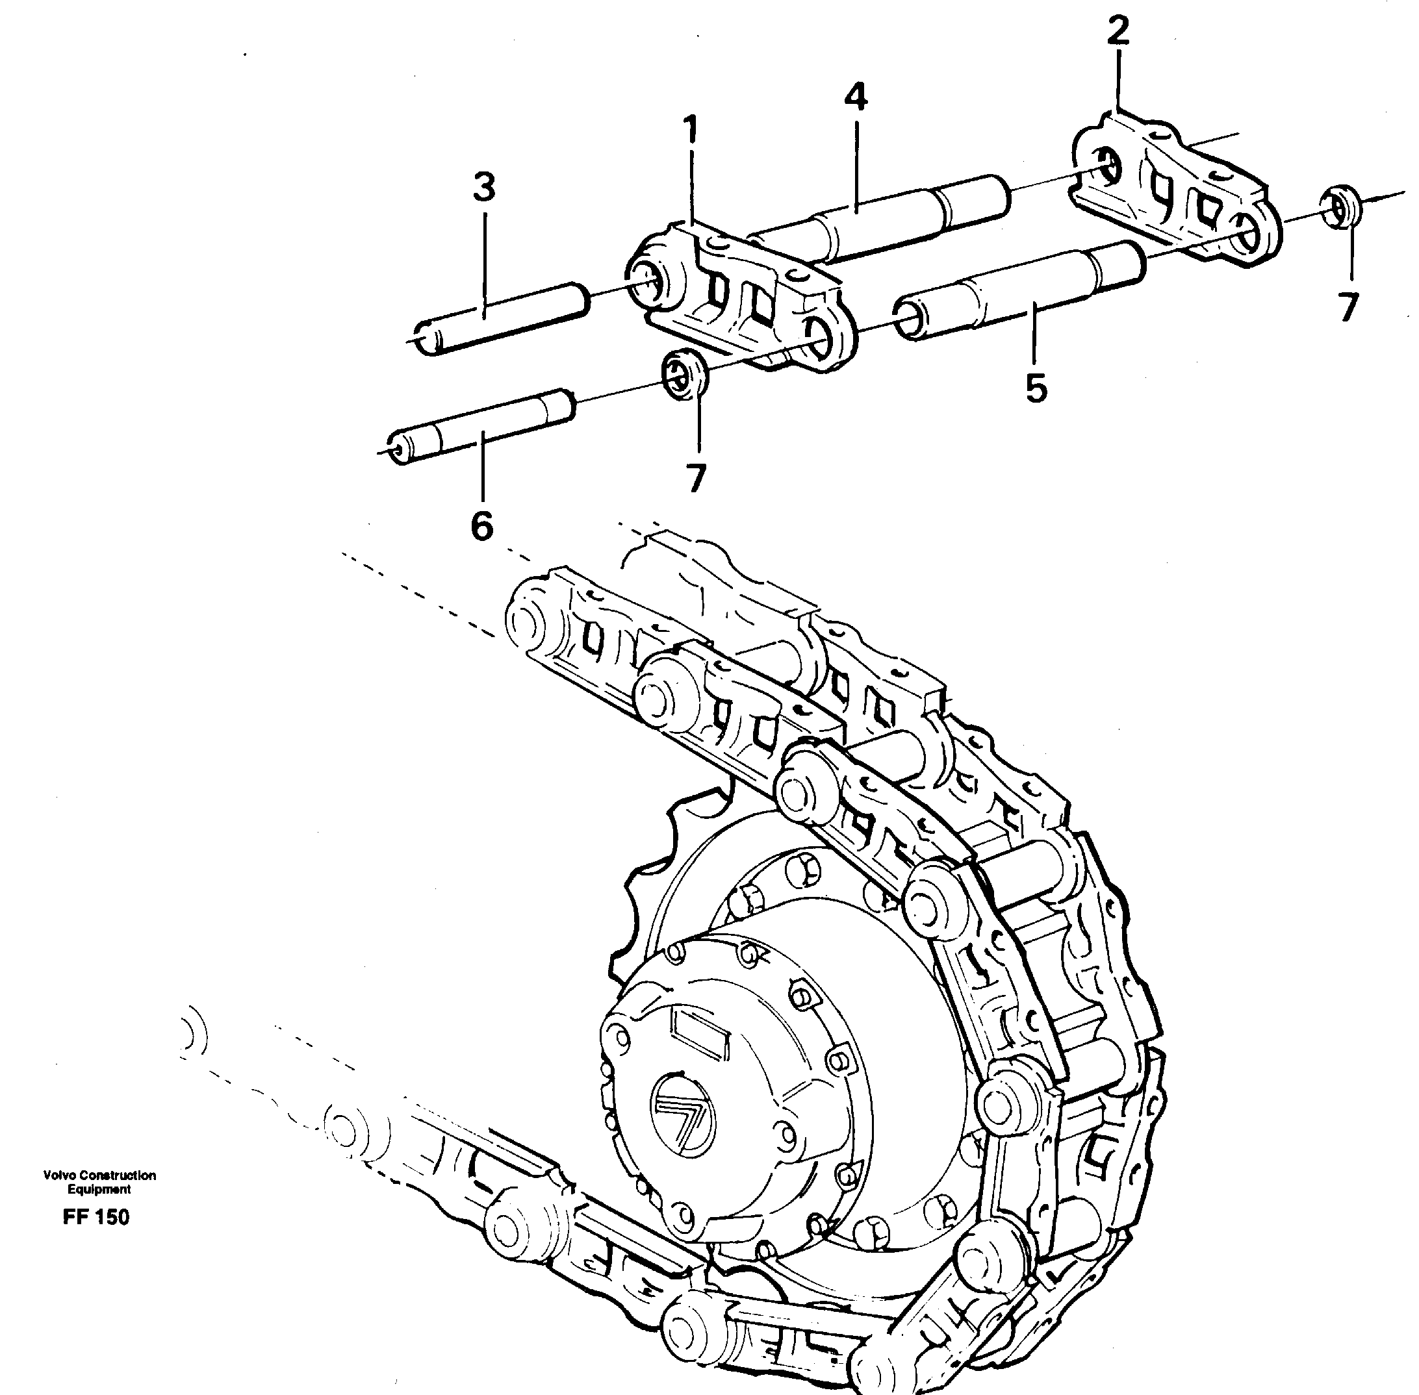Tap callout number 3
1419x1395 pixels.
click(484, 188)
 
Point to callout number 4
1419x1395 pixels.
click(854, 97)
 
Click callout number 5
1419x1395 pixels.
click(1035, 388)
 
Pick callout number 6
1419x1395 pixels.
click(481, 525)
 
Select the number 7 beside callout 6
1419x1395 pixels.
click(694, 479)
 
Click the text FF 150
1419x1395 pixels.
click(96, 1217)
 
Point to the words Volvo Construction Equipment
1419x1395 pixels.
click(99, 1182)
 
